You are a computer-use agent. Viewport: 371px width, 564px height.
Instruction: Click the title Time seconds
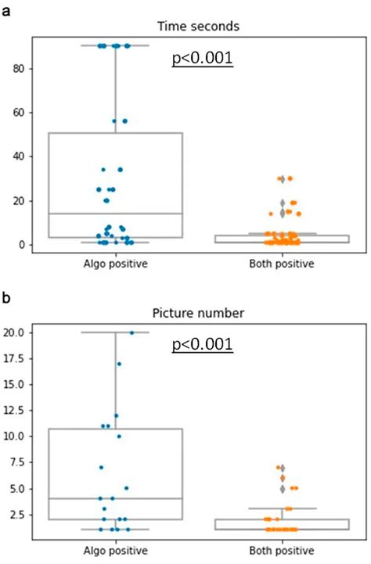click(x=198, y=25)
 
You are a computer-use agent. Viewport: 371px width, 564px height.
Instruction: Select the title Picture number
click(x=198, y=313)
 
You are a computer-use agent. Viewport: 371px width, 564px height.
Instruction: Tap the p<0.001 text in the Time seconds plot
click(x=203, y=59)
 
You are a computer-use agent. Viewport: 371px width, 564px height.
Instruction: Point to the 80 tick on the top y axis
click(x=15, y=69)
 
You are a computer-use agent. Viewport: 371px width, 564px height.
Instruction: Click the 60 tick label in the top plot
click(x=15, y=113)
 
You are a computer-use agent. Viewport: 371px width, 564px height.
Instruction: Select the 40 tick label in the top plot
click(x=15, y=156)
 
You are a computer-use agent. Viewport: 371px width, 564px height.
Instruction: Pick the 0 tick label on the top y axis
click(x=18, y=245)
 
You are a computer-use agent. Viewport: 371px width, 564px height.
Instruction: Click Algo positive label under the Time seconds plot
click(x=115, y=264)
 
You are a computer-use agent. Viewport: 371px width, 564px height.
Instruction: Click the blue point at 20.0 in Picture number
click(x=131, y=332)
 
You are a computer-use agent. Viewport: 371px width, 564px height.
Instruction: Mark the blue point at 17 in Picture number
click(x=119, y=364)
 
